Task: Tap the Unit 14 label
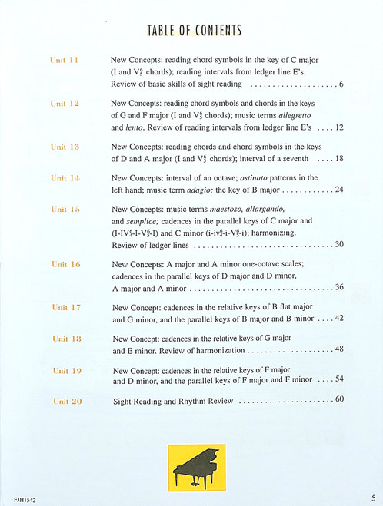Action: coord(65,178)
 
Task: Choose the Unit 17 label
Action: coord(65,307)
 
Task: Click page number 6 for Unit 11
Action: coord(340,84)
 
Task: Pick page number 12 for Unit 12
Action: coord(338,127)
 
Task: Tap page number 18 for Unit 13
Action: coord(338,159)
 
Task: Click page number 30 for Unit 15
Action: coord(338,245)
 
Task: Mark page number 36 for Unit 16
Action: coord(338,288)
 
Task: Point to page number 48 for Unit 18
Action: coord(338,350)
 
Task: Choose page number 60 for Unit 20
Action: coord(338,399)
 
